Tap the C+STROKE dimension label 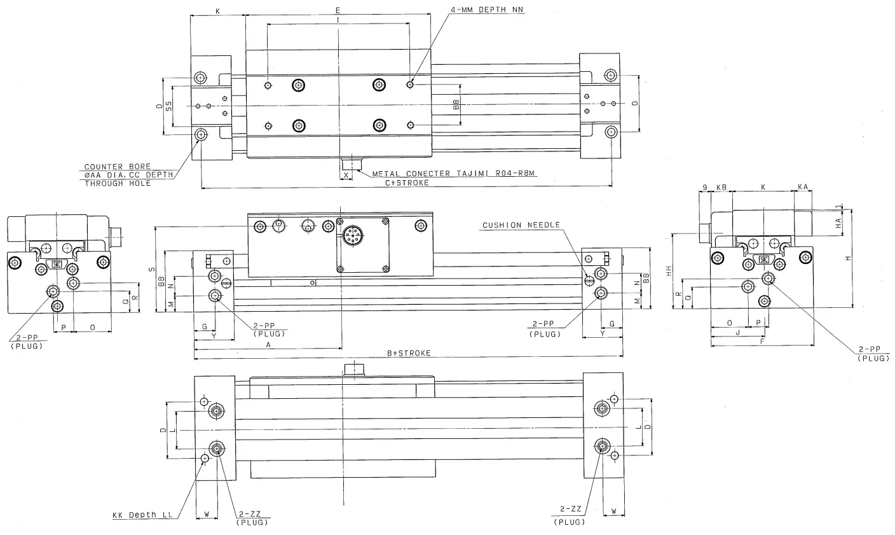(407, 183)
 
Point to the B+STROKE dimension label (409, 353)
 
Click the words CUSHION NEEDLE (521, 225)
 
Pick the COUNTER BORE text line (118, 167)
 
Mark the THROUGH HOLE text (118, 183)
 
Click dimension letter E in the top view (338, 11)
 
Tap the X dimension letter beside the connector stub (346, 174)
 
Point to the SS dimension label (168, 107)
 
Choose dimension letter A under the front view (268, 344)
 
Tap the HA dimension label (838, 223)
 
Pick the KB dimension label (721, 188)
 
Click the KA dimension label (803, 188)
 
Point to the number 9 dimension (705, 188)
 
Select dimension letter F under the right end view (762, 340)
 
